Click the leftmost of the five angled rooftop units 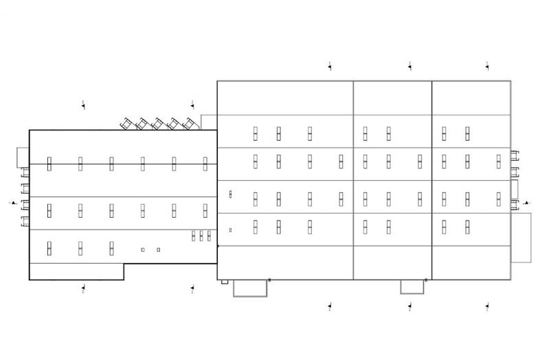point(126,124)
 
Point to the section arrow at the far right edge point(526,203)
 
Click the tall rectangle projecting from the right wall point(521,237)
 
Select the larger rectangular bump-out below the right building point(249,288)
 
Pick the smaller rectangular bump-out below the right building point(413,286)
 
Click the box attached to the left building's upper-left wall point(22,157)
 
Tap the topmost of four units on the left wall point(25,172)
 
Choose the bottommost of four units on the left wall point(25,221)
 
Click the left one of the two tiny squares point(143,249)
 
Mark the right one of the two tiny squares point(159,249)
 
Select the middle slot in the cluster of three point(201,236)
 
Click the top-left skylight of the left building point(49,164)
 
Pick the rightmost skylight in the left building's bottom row point(111,247)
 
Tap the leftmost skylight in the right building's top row point(255,133)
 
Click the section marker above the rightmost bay point(487,66)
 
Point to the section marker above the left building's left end point(83,105)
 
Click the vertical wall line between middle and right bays point(432,180)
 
